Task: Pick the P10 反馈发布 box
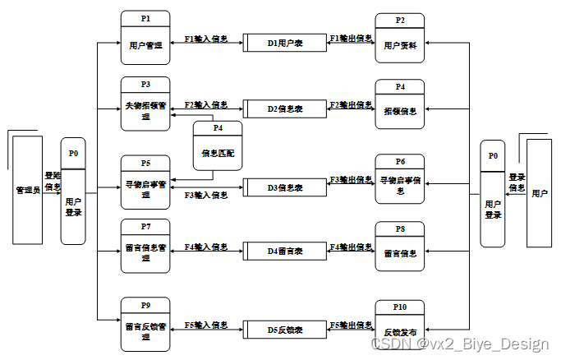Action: pyautogui.click(x=400, y=325)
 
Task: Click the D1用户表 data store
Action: pyautogui.click(x=285, y=43)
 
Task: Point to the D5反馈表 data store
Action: pyautogui.click(x=285, y=330)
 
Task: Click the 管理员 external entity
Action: pyautogui.click(x=28, y=190)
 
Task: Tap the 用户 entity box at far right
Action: pyautogui.click(x=540, y=193)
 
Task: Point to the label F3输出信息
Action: pyautogui.click(x=351, y=179)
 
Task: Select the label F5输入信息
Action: pyautogui.click(x=206, y=325)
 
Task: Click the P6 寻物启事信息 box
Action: pyautogui.click(x=400, y=180)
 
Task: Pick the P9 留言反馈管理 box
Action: pyautogui.click(x=145, y=325)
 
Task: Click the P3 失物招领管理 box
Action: pyautogui.click(x=145, y=104)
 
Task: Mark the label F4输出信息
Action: pyautogui.click(x=351, y=246)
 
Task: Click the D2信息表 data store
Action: pyautogui.click(x=285, y=108)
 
